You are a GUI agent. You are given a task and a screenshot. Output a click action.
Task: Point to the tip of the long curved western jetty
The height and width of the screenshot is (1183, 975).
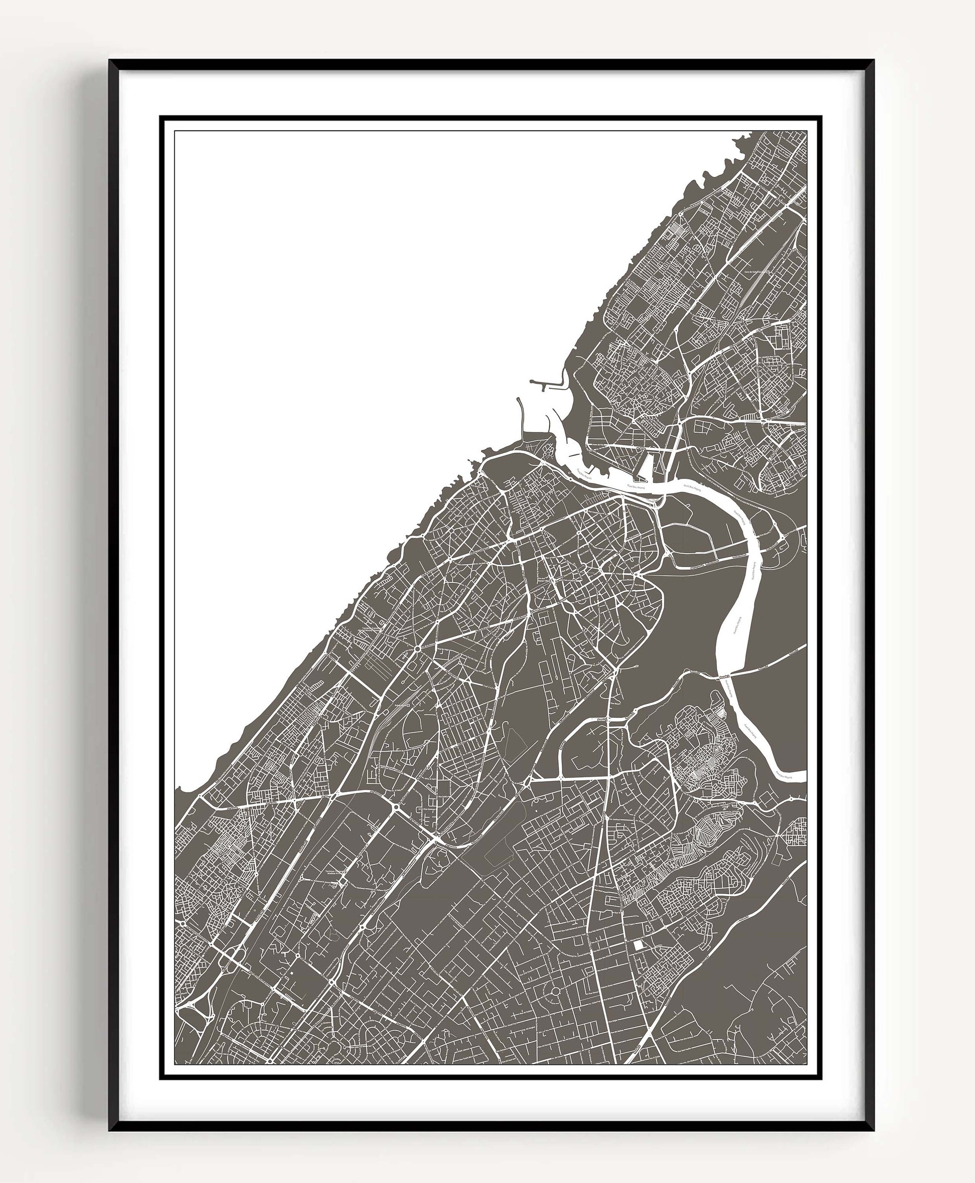(518, 400)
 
